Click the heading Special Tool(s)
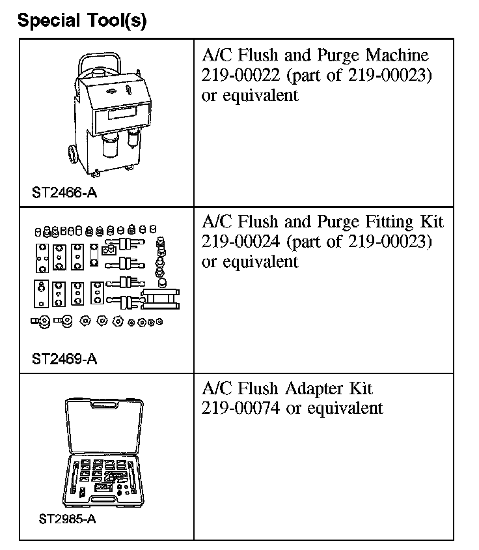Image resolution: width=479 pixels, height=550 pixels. [x=82, y=21]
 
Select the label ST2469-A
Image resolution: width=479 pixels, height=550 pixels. [x=64, y=359]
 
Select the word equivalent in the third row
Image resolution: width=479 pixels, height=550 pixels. [x=345, y=409]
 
